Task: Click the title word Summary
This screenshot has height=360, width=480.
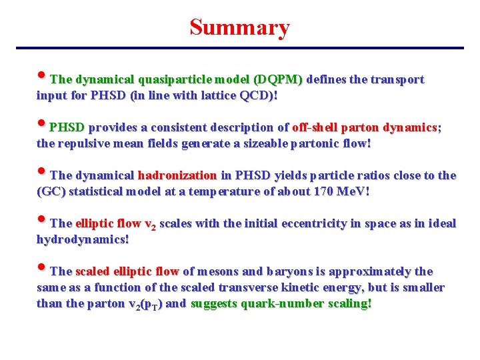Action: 239,27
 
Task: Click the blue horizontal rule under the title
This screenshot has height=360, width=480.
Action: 239,48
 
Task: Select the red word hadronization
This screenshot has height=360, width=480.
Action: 177,176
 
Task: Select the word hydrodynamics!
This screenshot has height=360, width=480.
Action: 83,240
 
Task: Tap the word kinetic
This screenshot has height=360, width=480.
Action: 311,288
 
